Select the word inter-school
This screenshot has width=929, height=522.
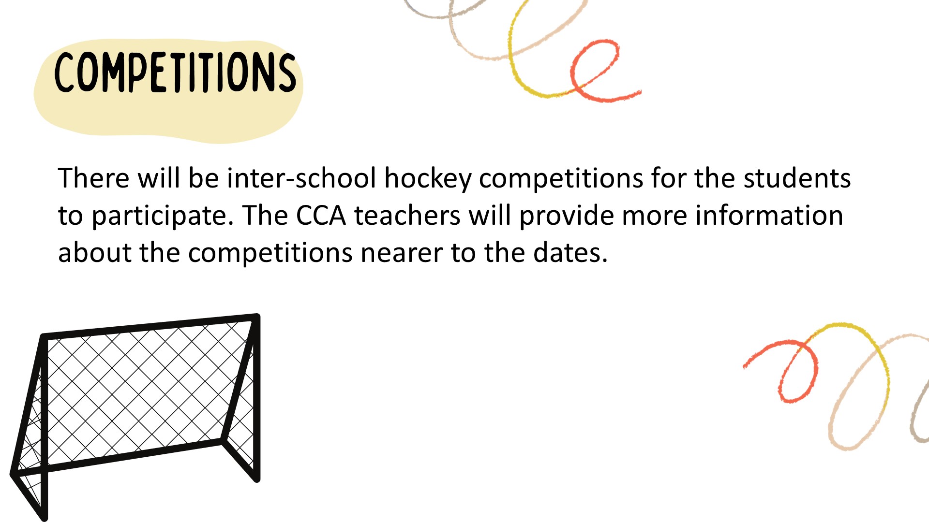(x=301, y=178)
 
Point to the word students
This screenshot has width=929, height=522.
(x=797, y=178)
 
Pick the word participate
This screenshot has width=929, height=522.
(x=163, y=217)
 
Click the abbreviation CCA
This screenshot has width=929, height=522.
(x=321, y=216)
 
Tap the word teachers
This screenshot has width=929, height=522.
(x=407, y=216)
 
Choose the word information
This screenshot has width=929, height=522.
(x=769, y=216)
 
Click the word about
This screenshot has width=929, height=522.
(x=95, y=252)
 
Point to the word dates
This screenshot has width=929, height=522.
(x=570, y=252)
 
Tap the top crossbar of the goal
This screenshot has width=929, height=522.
(x=150, y=326)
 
